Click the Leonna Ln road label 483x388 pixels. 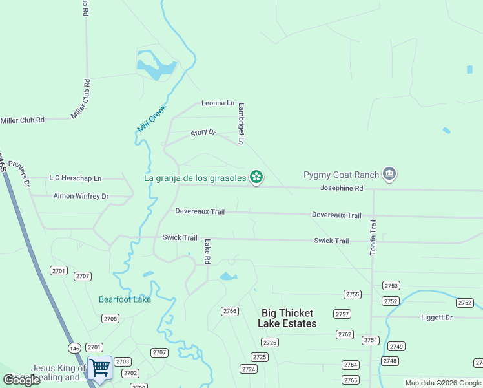coord(218,103)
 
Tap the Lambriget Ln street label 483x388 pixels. coord(241,124)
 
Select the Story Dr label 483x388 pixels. coord(203,133)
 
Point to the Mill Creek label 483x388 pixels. coord(152,118)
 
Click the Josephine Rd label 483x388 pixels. coord(342,188)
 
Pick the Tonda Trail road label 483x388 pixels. coord(373,237)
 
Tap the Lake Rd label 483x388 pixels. coord(207,252)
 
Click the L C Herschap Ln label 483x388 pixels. coord(76,178)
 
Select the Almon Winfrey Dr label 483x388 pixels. coord(81,195)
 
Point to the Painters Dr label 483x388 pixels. coord(19,174)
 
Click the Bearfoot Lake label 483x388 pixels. coord(125,299)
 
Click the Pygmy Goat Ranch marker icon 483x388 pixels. coord(389,174)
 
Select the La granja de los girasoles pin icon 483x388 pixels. coord(256,177)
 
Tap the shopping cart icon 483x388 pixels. coord(100,367)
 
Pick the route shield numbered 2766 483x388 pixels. coord(230,311)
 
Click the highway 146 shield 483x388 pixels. coord(75,348)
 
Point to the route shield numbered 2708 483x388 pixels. coord(110,318)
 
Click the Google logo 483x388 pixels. coord(21,380)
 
